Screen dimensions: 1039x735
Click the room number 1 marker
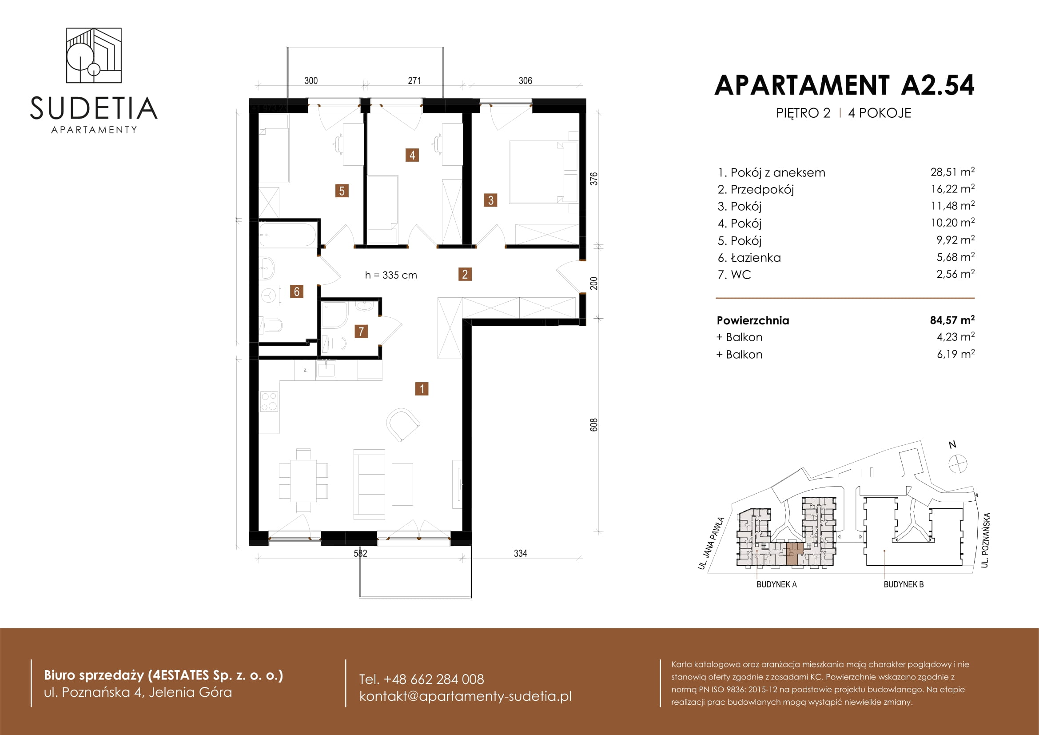tap(422, 389)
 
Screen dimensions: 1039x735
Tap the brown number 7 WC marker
tap(361, 332)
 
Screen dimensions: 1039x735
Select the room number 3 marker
tap(490, 200)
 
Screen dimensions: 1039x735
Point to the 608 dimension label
tap(594, 424)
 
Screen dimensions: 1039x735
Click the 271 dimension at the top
tap(414, 80)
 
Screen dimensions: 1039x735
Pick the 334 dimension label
tap(521, 553)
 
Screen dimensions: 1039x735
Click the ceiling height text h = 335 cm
tap(391, 275)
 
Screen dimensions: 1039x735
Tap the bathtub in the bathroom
tap(287, 235)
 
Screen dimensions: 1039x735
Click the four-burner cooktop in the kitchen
tap(269, 401)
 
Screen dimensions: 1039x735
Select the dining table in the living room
tap(303, 481)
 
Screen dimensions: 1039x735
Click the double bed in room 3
tap(543, 172)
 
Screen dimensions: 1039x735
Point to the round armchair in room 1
tap(403, 424)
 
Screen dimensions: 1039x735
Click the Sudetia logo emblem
tap(94, 55)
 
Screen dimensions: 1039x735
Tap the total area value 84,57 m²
tap(952, 320)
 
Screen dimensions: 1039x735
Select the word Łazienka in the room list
tap(756, 258)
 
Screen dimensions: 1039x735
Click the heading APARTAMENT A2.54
tap(844, 85)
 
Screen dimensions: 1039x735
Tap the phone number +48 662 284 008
tap(434, 679)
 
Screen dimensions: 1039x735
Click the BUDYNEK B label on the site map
tap(904, 584)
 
